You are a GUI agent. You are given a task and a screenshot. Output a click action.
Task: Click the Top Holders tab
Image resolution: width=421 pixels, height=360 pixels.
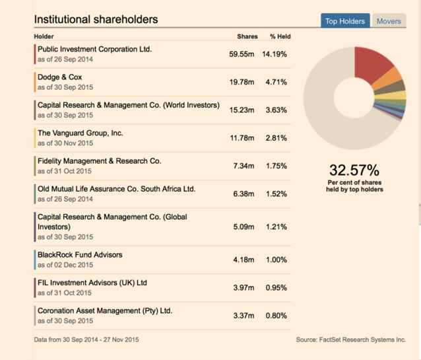click(x=344, y=21)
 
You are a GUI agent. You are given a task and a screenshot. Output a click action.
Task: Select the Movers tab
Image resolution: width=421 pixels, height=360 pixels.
click(x=389, y=21)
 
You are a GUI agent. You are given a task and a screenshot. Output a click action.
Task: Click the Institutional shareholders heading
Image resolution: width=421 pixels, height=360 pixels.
click(x=96, y=19)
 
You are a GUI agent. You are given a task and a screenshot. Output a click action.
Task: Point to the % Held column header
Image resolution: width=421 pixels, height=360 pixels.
click(x=280, y=36)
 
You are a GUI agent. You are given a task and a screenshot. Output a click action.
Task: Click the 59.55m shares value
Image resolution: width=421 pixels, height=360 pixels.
click(x=242, y=54)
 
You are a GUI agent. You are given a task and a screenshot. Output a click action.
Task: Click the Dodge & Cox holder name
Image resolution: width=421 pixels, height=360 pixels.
click(x=60, y=77)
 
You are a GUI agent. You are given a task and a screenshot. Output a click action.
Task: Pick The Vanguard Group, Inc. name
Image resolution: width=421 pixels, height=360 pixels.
click(x=81, y=133)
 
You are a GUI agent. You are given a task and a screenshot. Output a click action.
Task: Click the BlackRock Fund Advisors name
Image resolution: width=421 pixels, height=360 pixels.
click(x=80, y=254)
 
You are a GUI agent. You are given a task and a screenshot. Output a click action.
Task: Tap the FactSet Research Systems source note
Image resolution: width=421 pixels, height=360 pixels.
click(x=350, y=340)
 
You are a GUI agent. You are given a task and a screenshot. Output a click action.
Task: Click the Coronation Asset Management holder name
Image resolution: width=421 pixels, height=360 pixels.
click(x=104, y=310)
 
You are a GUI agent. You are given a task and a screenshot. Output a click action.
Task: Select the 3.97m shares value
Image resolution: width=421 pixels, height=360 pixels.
click(x=243, y=287)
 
